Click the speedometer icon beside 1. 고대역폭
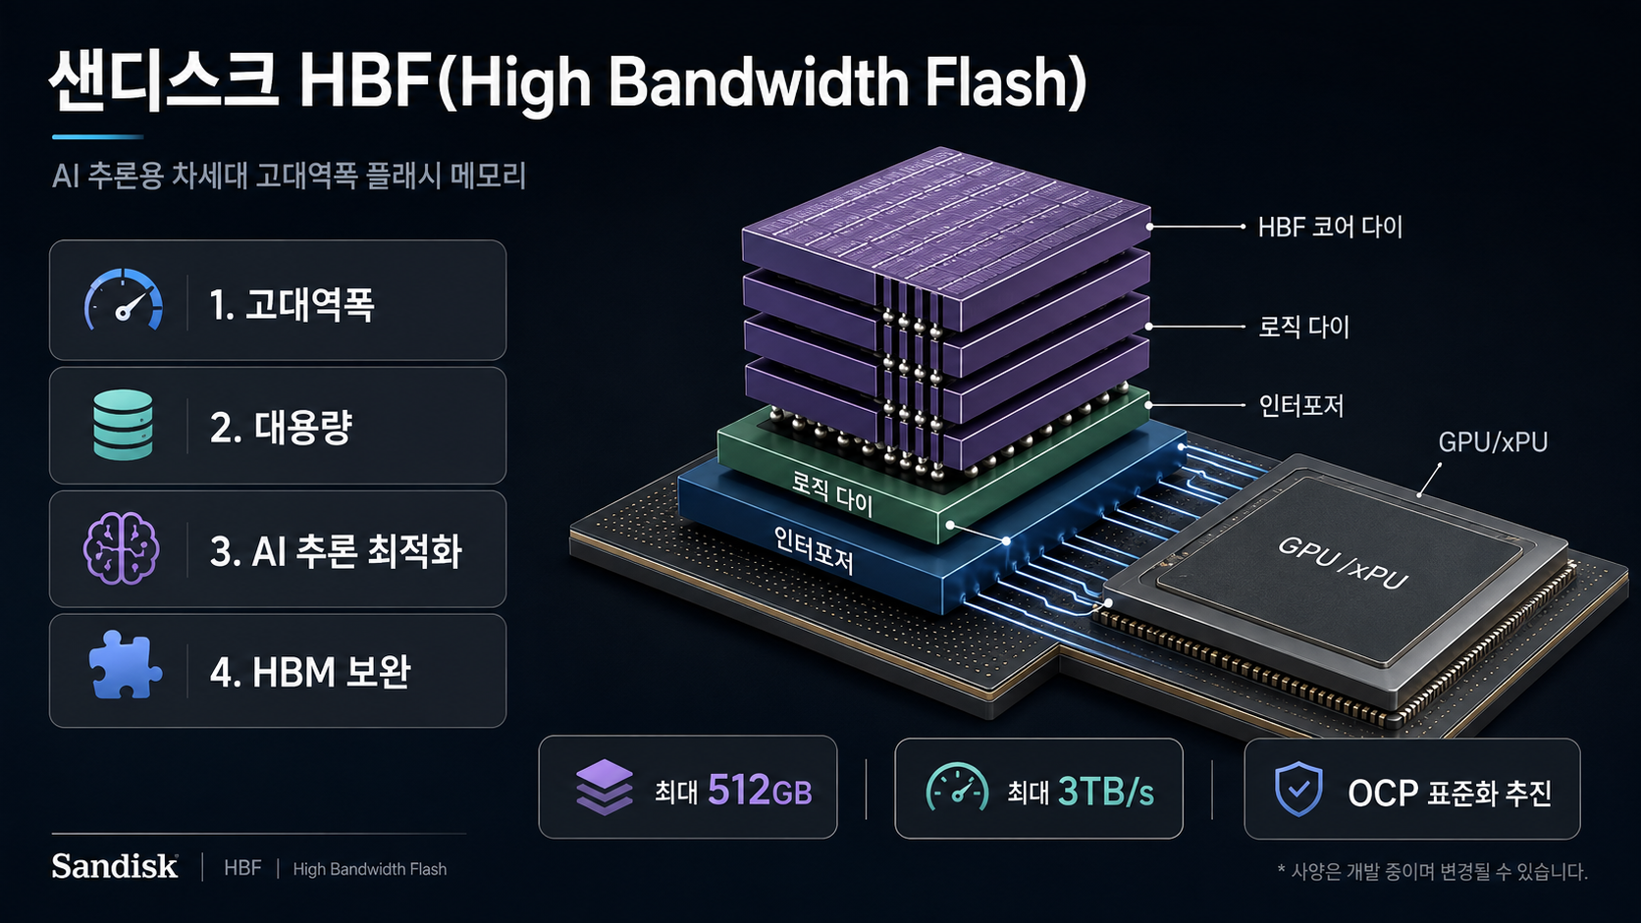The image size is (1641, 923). (x=123, y=300)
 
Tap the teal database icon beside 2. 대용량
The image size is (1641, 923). (x=123, y=426)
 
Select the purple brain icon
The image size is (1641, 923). (x=121, y=548)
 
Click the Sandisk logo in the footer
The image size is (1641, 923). (x=115, y=867)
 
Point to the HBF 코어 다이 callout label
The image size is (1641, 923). (x=1330, y=228)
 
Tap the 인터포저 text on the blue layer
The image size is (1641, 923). (x=814, y=550)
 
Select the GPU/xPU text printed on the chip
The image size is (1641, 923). (x=1342, y=563)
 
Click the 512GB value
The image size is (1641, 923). (x=760, y=791)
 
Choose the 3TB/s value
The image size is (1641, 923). (x=1106, y=792)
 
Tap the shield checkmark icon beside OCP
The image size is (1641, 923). (x=1298, y=789)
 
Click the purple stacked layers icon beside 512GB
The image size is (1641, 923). (x=605, y=788)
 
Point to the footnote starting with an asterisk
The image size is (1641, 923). (x=1432, y=872)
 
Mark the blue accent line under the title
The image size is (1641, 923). (x=97, y=137)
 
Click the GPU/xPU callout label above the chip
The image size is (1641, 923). (x=1492, y=442)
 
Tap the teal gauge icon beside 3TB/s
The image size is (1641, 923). (x=957, y=788)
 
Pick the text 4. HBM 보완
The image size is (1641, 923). (x=310, y=672)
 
